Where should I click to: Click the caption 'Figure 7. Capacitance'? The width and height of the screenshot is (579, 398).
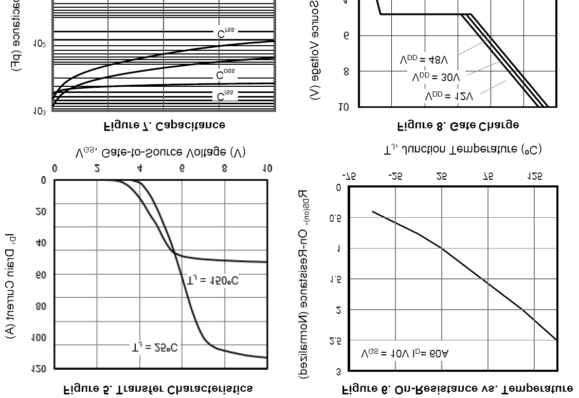(x=165, y=125)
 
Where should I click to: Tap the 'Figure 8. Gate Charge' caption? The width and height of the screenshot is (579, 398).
(x=458, y=125)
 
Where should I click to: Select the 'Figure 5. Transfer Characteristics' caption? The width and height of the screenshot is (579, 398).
(x=158, y=389)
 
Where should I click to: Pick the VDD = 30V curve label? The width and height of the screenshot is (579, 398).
(x=436, y=78)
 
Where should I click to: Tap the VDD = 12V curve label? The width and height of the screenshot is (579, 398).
(x=449, y=96)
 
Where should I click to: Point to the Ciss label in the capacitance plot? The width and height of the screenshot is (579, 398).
(x=225, y=96)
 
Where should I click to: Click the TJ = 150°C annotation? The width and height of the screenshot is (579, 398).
(x=212, y=280)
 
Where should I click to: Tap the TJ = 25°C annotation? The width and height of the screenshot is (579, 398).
(x=154, y=348)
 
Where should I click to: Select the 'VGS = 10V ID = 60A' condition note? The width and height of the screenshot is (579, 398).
(x=405, y=353)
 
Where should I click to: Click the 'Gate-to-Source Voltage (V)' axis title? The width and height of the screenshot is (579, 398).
(x=160, y=152)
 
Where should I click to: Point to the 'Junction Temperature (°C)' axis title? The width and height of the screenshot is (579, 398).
(x=462, y=149)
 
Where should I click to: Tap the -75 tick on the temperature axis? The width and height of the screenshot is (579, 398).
(x=349, y=176)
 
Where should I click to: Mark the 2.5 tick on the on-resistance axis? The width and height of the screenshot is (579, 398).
(x=335, y=340)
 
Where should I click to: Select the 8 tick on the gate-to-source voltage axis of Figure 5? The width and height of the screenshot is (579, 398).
(x=224, y=168)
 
